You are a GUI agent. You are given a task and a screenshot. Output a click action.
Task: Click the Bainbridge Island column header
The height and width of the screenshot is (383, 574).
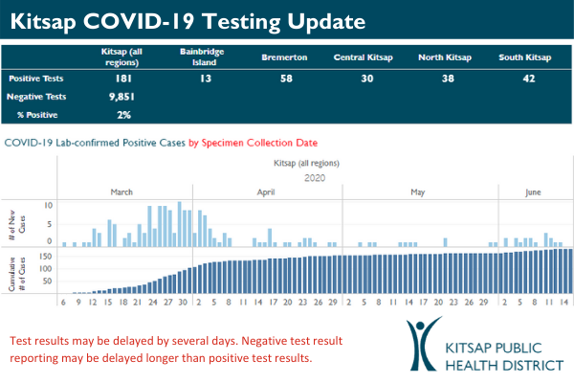(196, 55)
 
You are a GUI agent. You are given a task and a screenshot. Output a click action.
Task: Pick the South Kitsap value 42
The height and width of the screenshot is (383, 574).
(523, 79)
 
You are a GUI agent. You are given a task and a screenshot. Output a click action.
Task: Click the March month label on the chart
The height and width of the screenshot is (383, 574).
(122, 192)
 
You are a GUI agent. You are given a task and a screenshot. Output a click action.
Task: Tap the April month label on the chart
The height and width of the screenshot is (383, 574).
(267, 192)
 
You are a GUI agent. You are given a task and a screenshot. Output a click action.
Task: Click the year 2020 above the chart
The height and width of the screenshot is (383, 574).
(316, 177)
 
